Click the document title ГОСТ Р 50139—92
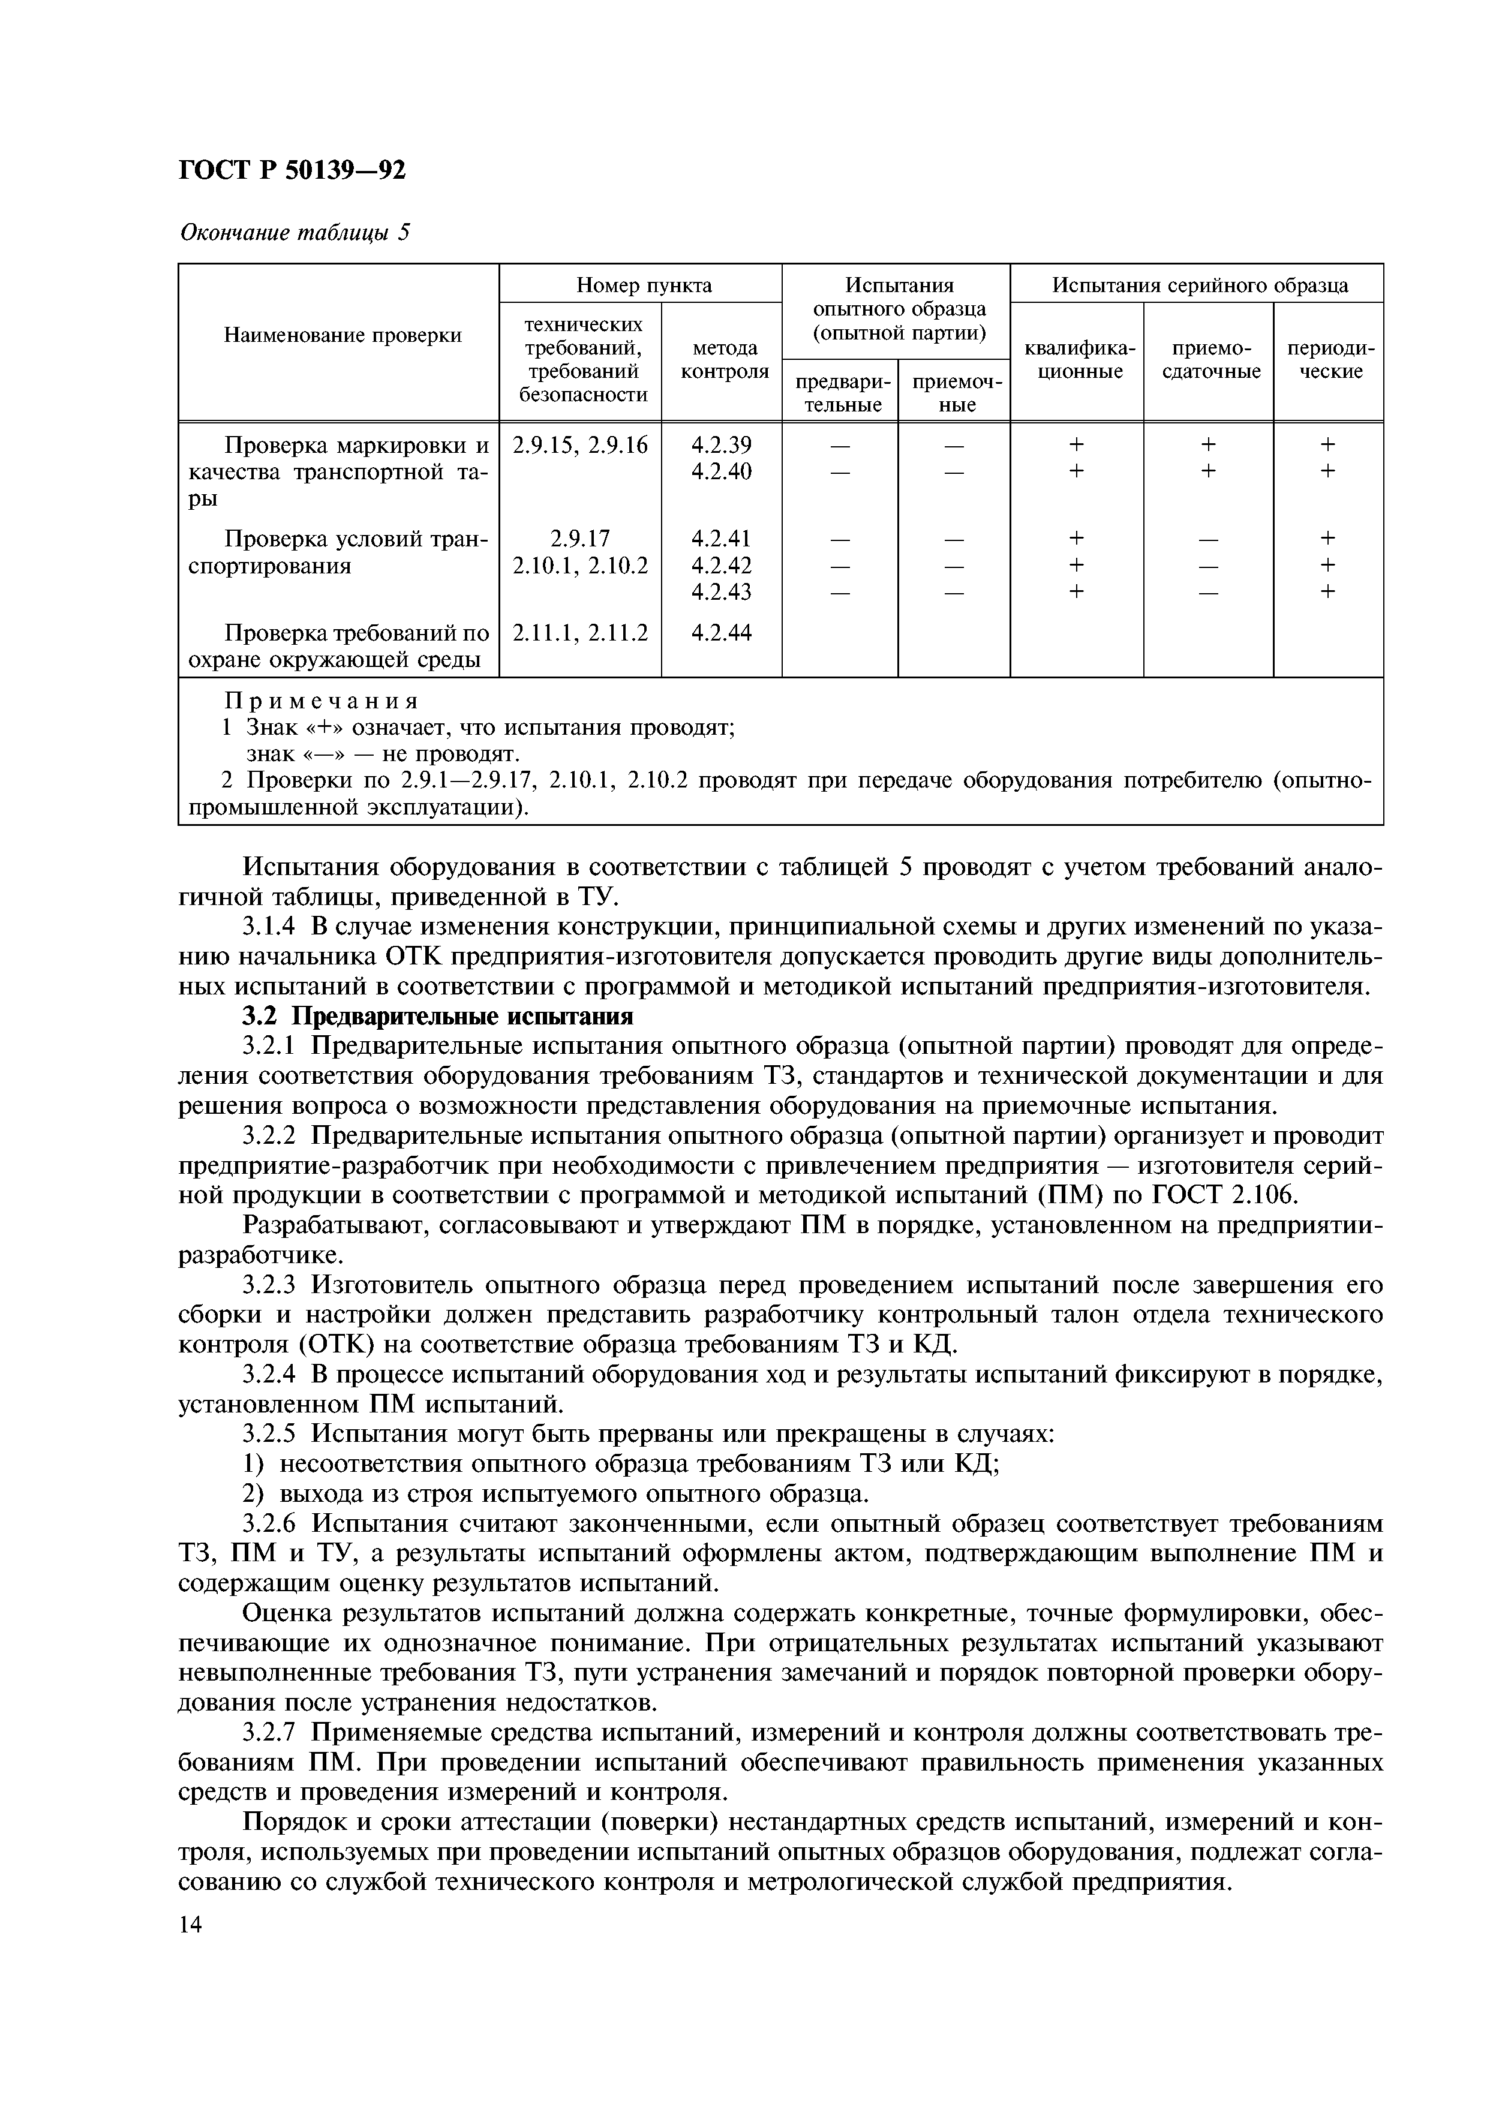(x=292, y=170)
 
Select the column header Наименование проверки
(x=343, y=335)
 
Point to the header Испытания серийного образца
(x=1198, y=285)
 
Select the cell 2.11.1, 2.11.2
(x=580, y=632)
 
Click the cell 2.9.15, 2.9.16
(x=580, y=444)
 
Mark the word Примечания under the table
(x=322, y=701)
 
